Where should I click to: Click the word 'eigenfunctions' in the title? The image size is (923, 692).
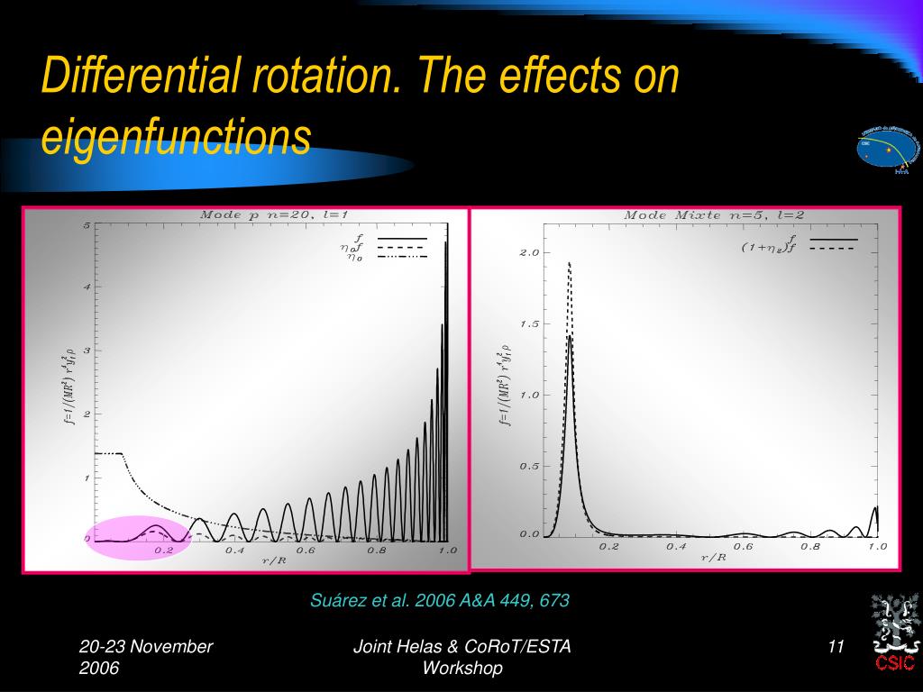click(177, 137)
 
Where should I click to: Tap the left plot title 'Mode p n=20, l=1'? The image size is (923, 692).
click(273, 214)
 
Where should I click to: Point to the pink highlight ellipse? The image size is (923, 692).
click(137, 538)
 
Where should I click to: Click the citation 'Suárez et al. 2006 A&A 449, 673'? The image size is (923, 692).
click(440, 601)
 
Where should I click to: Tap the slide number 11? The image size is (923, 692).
click(835, 647)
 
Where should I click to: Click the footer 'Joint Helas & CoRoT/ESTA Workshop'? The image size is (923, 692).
click(461, 657)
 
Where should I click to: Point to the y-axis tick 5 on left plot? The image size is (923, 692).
click(87, 225)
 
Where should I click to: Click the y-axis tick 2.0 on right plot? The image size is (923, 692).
click(528, 253)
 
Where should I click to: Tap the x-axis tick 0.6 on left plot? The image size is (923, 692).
click(306, 551)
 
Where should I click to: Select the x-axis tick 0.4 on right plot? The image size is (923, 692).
click(676, 547)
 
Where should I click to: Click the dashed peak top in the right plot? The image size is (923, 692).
click(569, 263)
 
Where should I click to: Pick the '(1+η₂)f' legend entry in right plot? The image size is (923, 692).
click(769, 248)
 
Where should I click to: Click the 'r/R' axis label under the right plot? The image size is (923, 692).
click(714, 558)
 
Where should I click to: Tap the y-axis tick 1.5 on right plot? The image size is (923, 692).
click(528, 324)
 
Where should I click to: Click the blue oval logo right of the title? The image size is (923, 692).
click(889, 149)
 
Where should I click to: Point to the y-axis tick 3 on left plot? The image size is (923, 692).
click(87, 351)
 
